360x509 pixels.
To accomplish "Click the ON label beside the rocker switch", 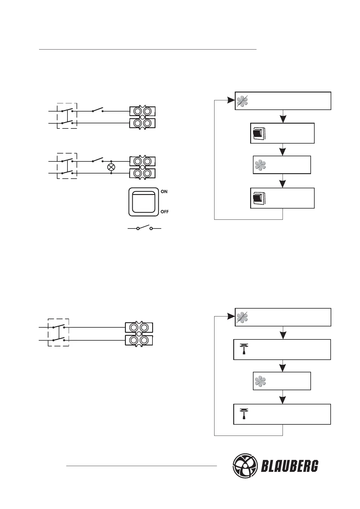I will pos(164,192).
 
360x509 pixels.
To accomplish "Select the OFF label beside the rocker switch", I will pos(165,212).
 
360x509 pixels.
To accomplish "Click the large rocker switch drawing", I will pos(144,202).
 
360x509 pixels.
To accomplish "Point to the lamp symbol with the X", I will pos(111,167).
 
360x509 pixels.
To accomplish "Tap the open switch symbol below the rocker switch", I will pos(144,228).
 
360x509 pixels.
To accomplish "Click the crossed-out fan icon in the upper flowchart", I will pos(242,101).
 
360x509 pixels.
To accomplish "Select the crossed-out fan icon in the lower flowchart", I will pos(242,317).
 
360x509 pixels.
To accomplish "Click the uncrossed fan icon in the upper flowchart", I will pos(260,165).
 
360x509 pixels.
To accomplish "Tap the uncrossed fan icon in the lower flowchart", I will pos(260,381).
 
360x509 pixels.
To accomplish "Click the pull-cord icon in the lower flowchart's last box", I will pos(244,414).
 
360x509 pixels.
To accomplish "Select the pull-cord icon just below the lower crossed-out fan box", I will pos(244,349).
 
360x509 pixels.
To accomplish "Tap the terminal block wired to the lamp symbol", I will pos(142,167).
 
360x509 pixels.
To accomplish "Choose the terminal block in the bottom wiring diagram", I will pos(139,334).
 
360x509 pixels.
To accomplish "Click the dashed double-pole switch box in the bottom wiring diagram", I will pos(58,332).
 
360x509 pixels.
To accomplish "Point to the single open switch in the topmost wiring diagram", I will pos(97,110).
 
